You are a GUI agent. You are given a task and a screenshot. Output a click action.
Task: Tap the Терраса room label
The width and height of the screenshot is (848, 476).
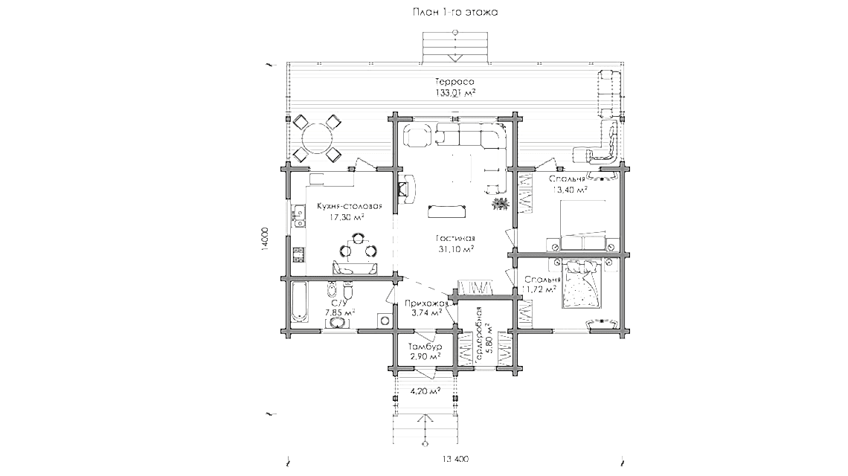point(455,81)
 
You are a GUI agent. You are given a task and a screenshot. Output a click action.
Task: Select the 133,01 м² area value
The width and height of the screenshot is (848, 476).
point(455,93)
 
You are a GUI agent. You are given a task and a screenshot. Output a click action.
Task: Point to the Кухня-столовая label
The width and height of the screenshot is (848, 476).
point(349,206)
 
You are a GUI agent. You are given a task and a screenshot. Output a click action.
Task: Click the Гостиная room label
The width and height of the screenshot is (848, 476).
point(456,238)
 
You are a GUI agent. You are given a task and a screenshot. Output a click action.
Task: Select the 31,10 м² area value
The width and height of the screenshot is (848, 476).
point(456,249)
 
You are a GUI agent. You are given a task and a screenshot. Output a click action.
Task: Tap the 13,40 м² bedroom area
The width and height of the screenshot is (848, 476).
point(570,190)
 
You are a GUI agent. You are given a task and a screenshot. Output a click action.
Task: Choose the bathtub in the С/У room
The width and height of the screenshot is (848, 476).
point(301,303)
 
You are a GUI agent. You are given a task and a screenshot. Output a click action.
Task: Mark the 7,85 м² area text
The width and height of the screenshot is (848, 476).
point(338,313)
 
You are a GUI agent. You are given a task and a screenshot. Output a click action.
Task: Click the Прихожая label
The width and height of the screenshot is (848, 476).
point(425,303)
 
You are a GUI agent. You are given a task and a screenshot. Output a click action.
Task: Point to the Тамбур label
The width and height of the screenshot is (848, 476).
point(425,347)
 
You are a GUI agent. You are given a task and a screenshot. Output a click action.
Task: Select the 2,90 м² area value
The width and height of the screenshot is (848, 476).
point(425,357)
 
